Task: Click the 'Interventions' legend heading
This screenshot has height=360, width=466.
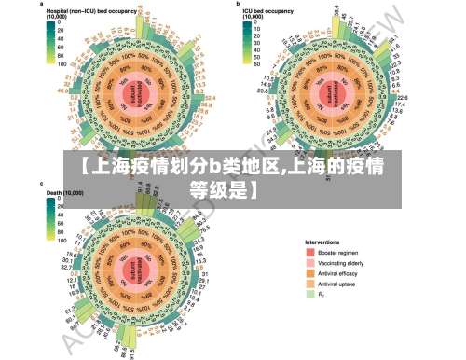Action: click(x=323, y=241)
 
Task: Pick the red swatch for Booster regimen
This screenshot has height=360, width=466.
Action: click(x=311, y=253)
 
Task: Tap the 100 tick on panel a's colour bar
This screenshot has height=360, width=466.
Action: click(x=62, y=66)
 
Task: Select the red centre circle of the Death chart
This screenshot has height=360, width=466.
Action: click(x=140, y=271)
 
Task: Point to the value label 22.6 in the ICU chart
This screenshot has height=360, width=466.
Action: click(x=403, y=96)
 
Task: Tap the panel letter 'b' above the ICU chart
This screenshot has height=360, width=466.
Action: click(x=239, y=4)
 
